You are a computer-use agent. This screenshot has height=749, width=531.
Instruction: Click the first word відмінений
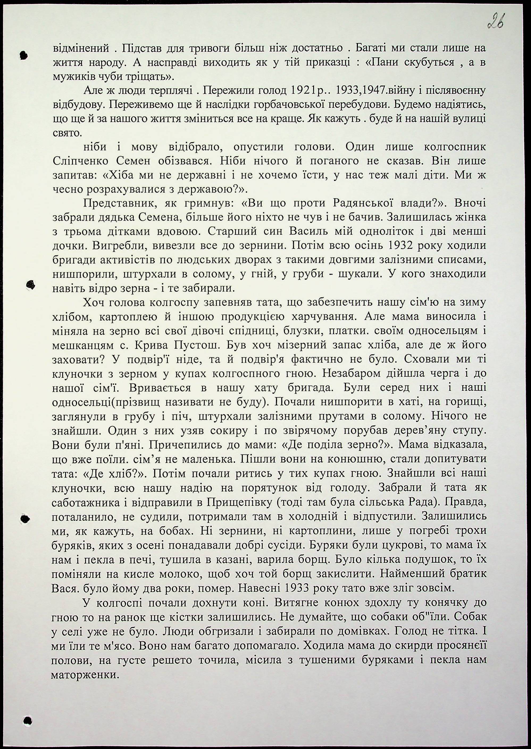pyautogui.click(x=81, y=48)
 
